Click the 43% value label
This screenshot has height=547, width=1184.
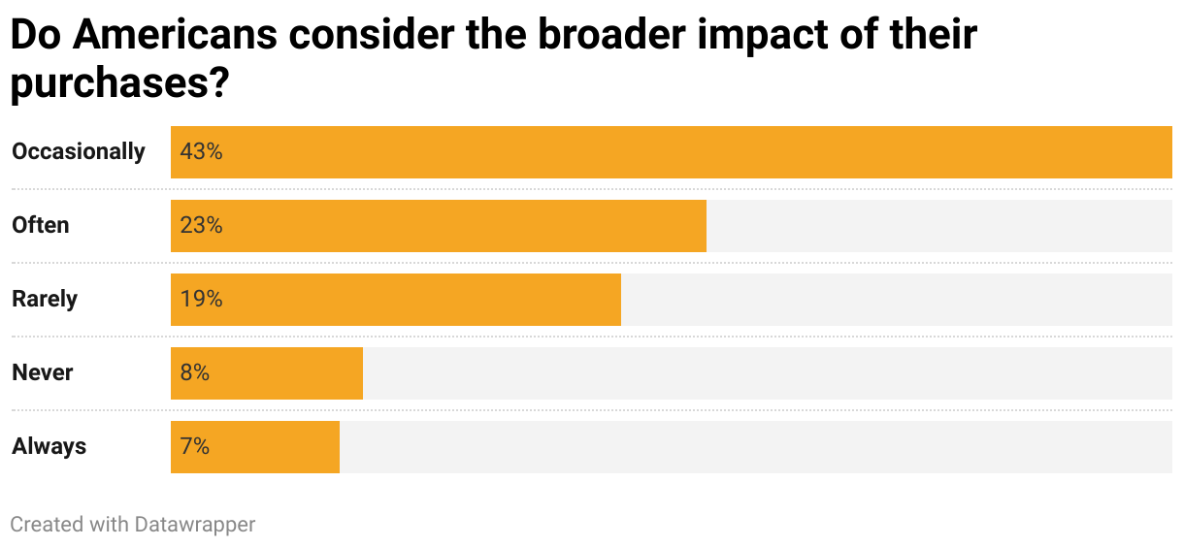pyautogui.click(x=201, y=152)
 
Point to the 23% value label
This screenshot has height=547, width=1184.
pyautogui.click(x=201, y=226)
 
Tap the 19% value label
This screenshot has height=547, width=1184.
pyautogui.click(x=201, y=300)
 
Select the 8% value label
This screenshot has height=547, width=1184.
pyautogui.click(x=194, y=373)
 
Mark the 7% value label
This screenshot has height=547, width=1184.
pyautogui.click(x=194, y=447)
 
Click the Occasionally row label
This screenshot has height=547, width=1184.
pyautogui.click(x=79, y=152)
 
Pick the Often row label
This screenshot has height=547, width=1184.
pyautogui.click(x=41, y=226)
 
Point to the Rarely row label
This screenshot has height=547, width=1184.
pyautogui.click(x=45, y=300)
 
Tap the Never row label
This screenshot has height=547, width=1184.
pyautogui.click(x=43, y=373)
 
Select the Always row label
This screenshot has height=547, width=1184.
pyautogui.click(x=49, y=447)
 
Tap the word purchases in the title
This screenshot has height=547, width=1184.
pyautogui.click(x=109, y=85)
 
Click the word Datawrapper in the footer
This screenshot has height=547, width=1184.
pyautogui.click(x=194, y=525)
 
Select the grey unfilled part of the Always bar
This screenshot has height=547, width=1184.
pyautogui.click(x=755, y=447)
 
